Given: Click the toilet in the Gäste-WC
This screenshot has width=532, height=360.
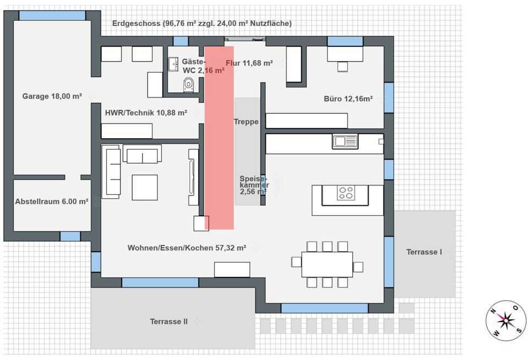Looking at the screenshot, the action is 188,85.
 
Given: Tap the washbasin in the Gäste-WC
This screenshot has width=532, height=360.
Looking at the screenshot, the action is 173,64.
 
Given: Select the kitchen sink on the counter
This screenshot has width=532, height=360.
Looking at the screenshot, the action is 345,141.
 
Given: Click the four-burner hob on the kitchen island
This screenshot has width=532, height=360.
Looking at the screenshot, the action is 346,193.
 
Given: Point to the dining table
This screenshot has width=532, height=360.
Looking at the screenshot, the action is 327,264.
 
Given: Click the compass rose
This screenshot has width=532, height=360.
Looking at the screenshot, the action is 506,320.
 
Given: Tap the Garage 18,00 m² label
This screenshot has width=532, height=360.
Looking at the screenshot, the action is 52,96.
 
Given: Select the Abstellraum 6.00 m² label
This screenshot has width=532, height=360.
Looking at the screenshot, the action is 52,201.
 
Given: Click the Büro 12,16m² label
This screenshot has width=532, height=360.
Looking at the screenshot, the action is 348,99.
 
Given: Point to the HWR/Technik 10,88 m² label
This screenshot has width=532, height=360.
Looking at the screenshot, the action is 146,113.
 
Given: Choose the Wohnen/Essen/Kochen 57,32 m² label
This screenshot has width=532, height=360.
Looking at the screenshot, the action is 187,248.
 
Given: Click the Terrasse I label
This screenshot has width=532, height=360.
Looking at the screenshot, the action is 424,252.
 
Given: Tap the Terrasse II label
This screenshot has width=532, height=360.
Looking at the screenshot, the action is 169,321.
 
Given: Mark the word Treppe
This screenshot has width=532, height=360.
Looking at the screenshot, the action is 246,122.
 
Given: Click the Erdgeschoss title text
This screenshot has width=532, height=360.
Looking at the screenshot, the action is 202,24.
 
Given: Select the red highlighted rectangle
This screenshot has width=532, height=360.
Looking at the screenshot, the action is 219,138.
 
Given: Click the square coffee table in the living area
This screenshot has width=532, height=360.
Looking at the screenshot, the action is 145,188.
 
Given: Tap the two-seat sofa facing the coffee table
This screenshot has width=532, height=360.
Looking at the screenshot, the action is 142,154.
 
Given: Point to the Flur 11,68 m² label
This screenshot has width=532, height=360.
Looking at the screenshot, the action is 249,63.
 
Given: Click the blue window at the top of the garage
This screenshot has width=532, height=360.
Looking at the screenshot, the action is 52,15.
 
